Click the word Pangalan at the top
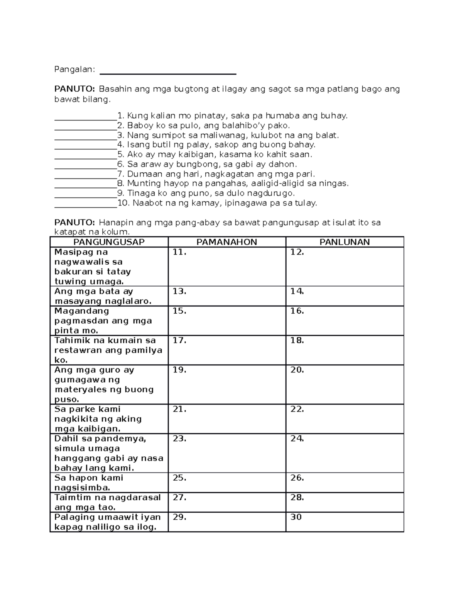(74, 70)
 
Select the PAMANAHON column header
(226, 242)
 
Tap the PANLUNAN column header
(345, 242)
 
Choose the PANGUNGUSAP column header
(109, 242)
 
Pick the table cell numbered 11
(227, 267)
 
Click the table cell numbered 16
(345, 321)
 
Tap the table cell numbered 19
(227, 384)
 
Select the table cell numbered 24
(345, 453)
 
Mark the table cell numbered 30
(345, 522)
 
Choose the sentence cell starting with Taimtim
(109, 502)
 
